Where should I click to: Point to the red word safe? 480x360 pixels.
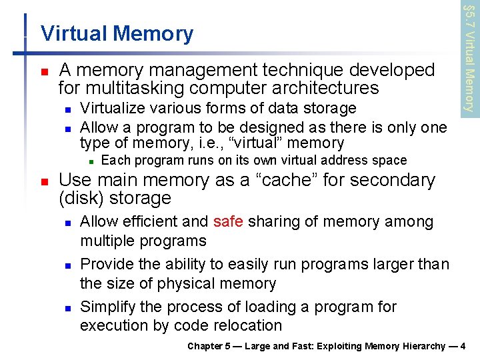click(x=229, y=221)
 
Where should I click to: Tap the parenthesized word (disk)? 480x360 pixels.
click(x=82, y=199)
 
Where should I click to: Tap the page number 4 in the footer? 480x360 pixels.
click(x=463, y=346)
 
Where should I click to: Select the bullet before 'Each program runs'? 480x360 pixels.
click(x=91, y=161)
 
